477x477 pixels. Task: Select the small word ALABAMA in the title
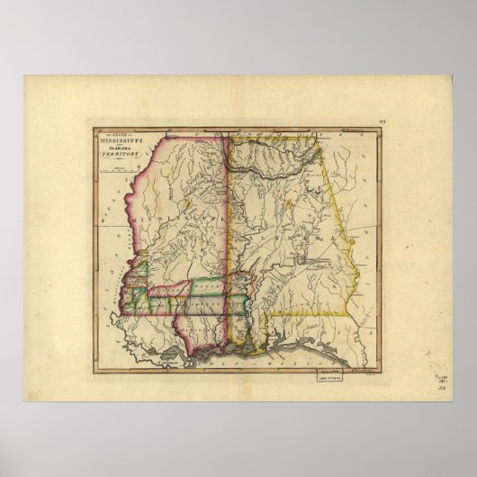pyautogui.click(x=116, y=150)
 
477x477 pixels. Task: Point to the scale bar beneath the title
pyautogui.click(x=115, y=168)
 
